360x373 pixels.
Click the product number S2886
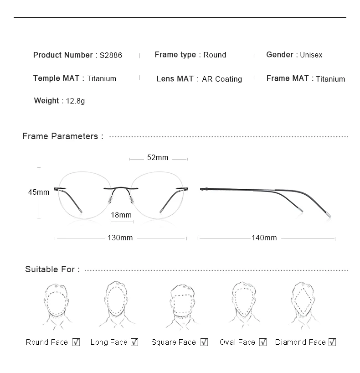point(111,55)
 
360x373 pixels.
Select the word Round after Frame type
point(215,55)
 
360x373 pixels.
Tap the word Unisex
point(311,55)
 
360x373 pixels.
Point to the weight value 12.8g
point(75,101)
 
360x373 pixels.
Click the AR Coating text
point(222,79)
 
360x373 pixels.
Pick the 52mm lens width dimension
point(158,158)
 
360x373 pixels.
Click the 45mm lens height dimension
point(39,192)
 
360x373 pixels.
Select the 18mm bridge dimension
point(121,215)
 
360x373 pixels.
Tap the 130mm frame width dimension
point(120,238)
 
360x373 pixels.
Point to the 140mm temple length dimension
point(264,238)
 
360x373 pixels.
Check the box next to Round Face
point(76,342)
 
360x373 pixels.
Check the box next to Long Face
point(134,342)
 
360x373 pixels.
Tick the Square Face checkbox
point(204,342)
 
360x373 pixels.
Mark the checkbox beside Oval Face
point(262,342)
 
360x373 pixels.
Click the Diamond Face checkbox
point(332,342)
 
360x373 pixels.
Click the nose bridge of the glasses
point(121,187)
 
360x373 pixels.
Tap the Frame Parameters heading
point(63,136)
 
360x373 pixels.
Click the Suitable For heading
point(52,269)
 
